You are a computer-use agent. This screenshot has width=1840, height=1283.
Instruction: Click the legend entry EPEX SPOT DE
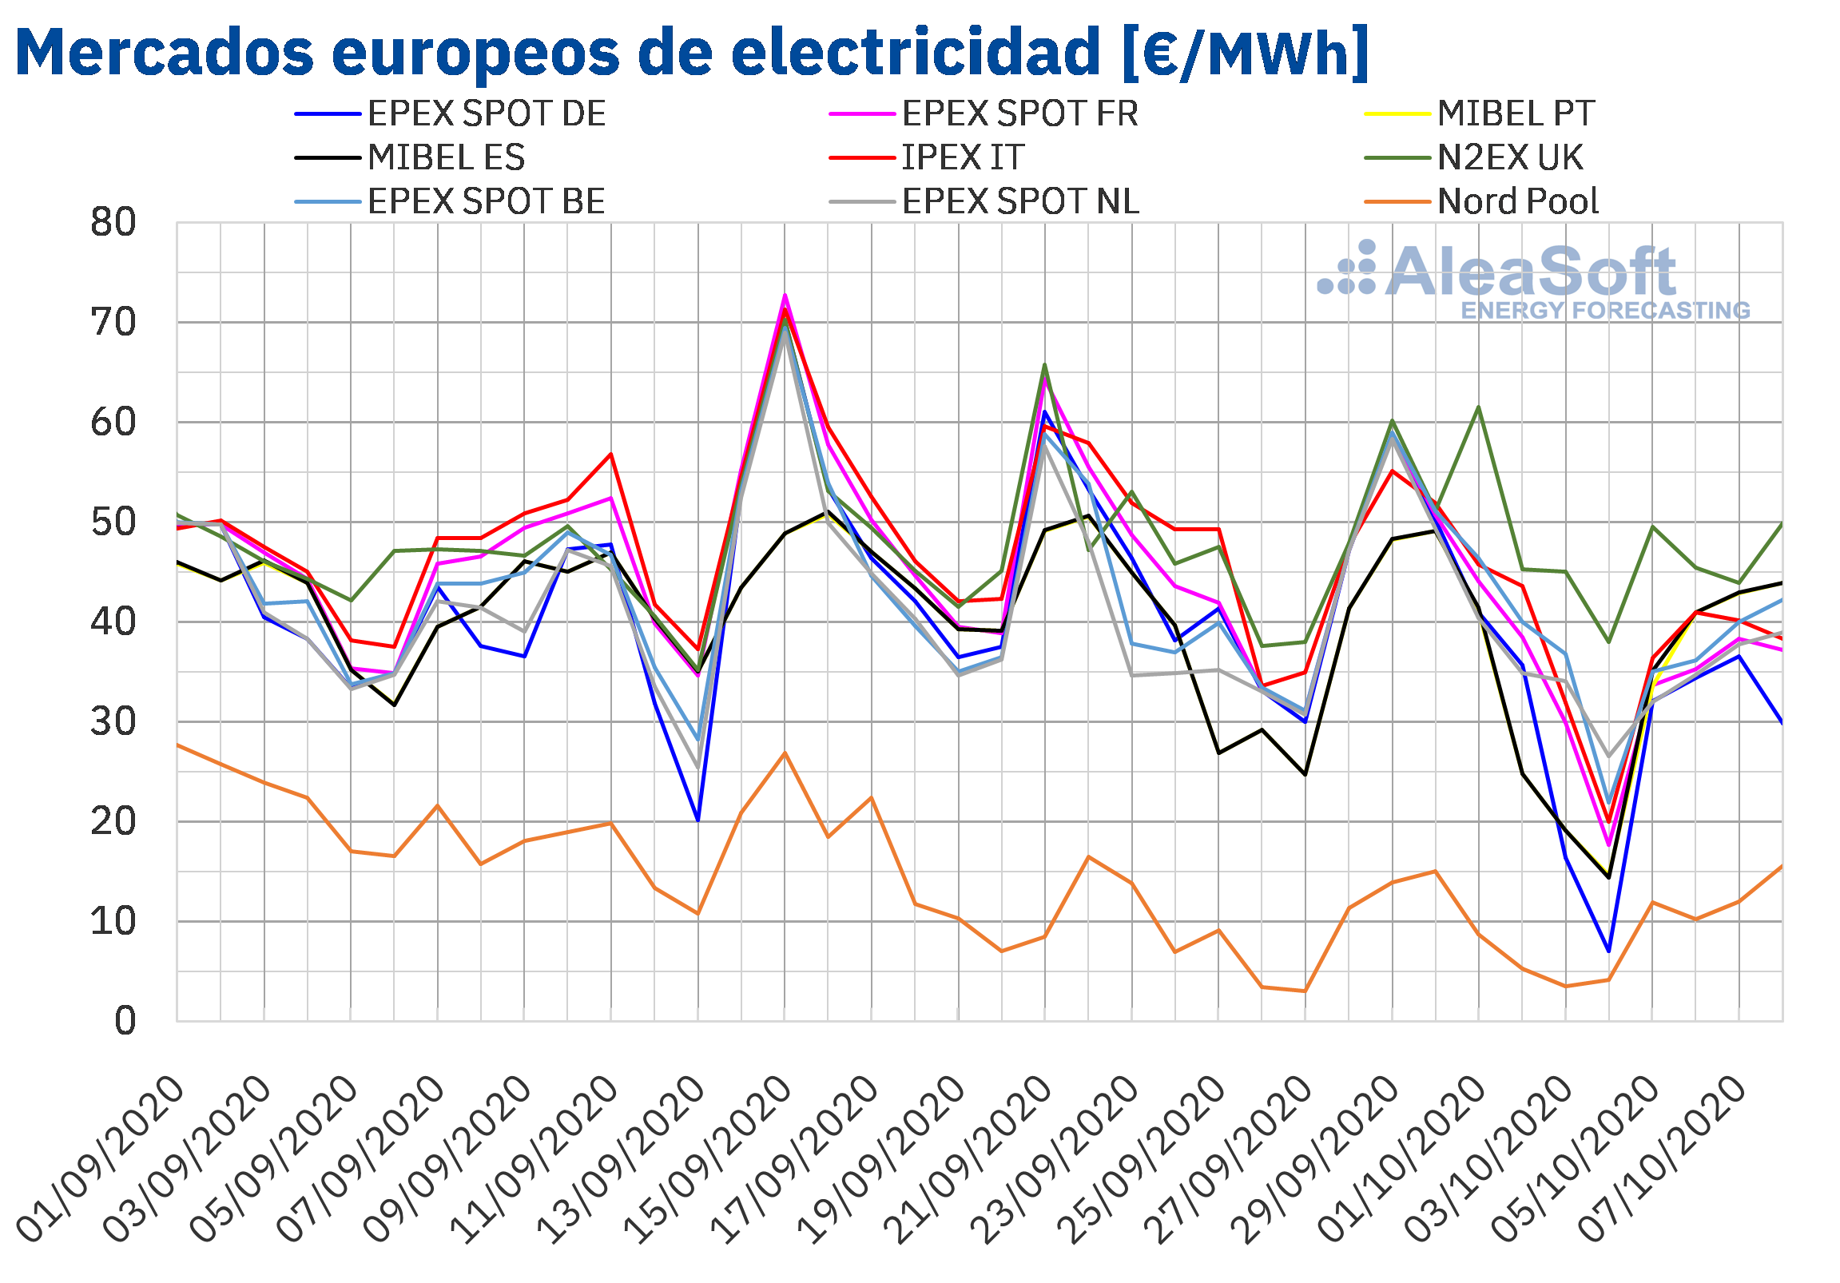(x=451, y=113)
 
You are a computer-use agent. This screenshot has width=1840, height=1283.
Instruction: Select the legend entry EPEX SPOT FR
(x=984, y=113)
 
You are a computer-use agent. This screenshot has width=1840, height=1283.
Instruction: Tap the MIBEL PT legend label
(x=1480, y=113)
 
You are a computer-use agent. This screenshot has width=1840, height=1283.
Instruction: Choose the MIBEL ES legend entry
(x=410, y=157)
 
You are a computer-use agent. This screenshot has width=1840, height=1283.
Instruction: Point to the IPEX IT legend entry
(x=928, y=157)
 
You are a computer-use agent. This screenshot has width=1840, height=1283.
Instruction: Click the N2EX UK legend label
(x=1474, y=157)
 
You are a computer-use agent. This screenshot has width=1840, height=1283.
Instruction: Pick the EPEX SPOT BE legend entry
(x=451, y=201)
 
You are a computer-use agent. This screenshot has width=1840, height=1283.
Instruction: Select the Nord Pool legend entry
(x=1482, y=201)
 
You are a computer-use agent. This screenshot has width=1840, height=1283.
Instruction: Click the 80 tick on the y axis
(x=113, y=223)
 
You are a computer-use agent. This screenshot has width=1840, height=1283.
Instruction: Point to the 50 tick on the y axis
(x=113, y=522)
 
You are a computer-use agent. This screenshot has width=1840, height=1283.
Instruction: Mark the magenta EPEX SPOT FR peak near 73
(x=785, y=295)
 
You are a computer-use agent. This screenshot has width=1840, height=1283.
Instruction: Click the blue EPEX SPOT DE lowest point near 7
(x=1608, y=951)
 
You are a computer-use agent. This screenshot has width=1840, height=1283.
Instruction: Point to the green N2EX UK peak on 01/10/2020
(x=1478, y=407)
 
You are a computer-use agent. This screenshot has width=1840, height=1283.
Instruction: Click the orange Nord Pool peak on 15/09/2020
(x=785, y=752)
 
